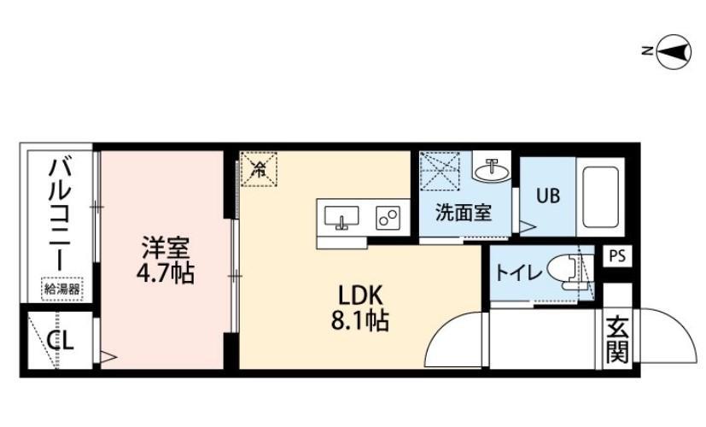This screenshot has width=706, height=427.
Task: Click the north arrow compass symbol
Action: click(x=673, y=52)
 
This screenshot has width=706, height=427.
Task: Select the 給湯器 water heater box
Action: click(x=62, y=290)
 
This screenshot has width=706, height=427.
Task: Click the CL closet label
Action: click(x=61, y=341)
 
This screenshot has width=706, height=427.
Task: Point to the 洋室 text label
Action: click(x=166, y=248)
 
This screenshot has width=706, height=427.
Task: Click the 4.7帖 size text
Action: click(x=166, y=273)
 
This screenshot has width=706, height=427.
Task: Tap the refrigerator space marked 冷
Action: click(x=259, y=169)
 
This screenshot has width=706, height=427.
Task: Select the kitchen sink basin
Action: click(x=341, y=218)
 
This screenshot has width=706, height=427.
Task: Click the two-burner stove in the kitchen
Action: click(x=388, y=218)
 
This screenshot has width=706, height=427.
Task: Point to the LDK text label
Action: click(x=360, y=296)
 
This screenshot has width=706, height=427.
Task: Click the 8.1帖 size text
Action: click(x=360, y=321)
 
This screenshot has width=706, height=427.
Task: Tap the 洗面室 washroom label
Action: click(x=464, y=213)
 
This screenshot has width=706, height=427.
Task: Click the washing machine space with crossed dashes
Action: click(x=440, y=169)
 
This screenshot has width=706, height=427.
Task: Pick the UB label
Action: click(x=548, y=196)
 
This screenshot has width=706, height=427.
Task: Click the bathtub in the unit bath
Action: click(x=600, y=196)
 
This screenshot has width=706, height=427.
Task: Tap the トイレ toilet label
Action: click(x=518, y=272)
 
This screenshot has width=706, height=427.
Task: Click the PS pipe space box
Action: click(x=617, y=256)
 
